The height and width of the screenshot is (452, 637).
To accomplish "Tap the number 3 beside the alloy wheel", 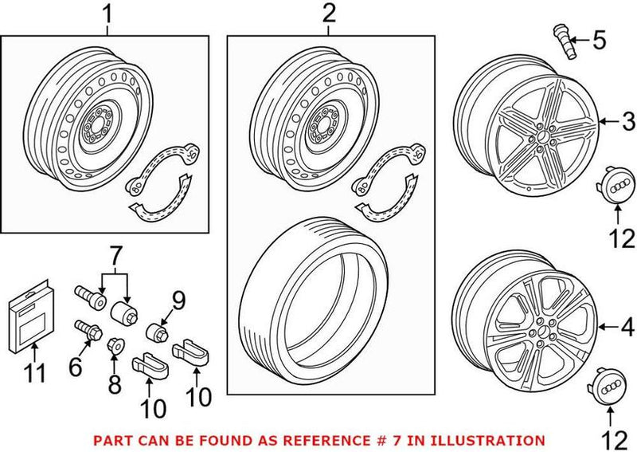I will (628, 122).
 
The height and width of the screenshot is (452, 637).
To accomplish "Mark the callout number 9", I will (178, 301).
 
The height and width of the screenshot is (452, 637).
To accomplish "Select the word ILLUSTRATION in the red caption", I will (494, 439).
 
